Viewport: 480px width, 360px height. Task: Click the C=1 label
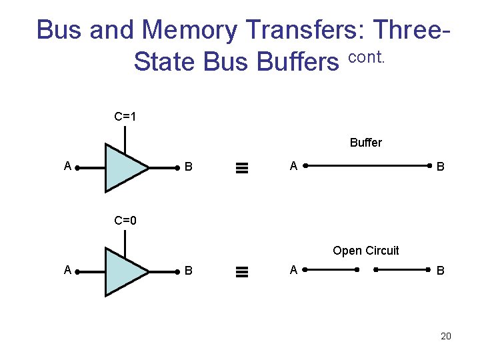(x=125, y=117)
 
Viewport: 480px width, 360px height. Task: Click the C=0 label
(x=125, y=221)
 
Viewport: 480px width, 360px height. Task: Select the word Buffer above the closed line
(x=365, y=143)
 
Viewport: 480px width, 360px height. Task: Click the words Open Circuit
(x=365, y=251)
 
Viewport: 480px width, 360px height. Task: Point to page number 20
(x=445, y=336)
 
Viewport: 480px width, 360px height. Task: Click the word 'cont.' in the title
(x=367, y=58)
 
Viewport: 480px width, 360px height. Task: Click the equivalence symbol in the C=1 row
(x=242, y=168)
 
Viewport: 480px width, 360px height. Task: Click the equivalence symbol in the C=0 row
(x=242, y=271)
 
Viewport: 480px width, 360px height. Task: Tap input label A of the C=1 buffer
(x=67, y=166)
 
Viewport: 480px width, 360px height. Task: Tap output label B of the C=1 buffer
(x=189, y=167)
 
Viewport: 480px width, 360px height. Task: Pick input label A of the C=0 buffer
(x=67, y=270)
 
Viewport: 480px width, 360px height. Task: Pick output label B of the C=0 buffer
(x=189, y=271)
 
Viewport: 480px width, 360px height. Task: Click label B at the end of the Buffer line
(x=440, y=167)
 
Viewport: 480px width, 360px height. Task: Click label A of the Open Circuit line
(x=293, y=270)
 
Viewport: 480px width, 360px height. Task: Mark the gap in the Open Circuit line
(x=367, y=270)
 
